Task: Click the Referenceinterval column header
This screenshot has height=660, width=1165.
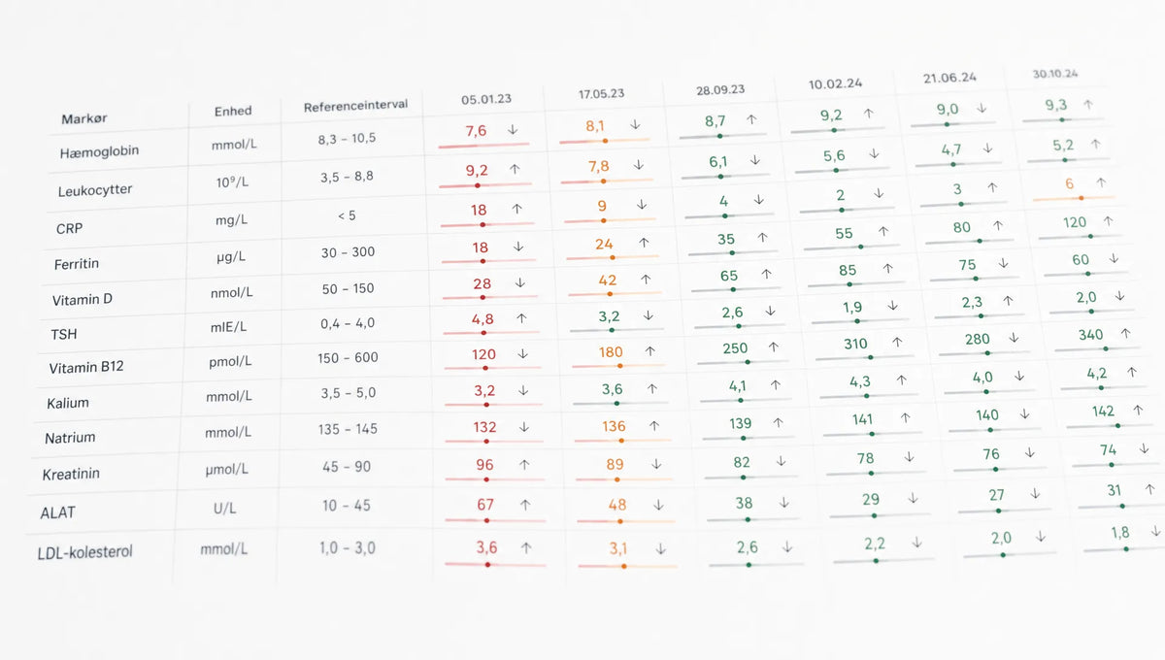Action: coord(355,106)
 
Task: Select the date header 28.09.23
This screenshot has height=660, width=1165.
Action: coord(720,90)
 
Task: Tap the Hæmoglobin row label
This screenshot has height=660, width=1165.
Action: coord(99,151)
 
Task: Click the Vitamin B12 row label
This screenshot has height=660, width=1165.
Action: coord(86,367)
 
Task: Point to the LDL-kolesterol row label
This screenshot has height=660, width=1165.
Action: coord(84,552)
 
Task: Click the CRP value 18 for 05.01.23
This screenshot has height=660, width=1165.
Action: coord(479,210)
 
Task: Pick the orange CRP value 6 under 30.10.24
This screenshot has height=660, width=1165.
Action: coord(1069,183)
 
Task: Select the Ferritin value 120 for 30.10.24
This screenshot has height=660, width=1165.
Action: coord(1075,222)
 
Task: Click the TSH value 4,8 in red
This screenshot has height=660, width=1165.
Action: coord(483,318)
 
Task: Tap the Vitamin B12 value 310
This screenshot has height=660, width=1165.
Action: coord(855,344)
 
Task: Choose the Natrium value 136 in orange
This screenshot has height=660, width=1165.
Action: coord(614,426)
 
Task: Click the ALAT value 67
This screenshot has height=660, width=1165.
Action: coord(484,505)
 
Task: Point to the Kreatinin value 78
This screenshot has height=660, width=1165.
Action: coord(865,458)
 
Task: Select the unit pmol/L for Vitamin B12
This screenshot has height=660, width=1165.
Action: coord(230,361)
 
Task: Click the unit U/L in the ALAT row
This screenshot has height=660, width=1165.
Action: coord(224,508)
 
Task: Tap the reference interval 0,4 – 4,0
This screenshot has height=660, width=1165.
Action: coord(348,323)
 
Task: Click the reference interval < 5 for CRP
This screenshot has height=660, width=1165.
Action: coord(347,215)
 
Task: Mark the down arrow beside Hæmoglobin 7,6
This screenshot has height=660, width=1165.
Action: coord(513,129)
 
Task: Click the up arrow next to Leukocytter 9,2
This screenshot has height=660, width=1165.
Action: coord(515,169)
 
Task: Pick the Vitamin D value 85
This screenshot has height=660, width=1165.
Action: coord(848,271)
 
